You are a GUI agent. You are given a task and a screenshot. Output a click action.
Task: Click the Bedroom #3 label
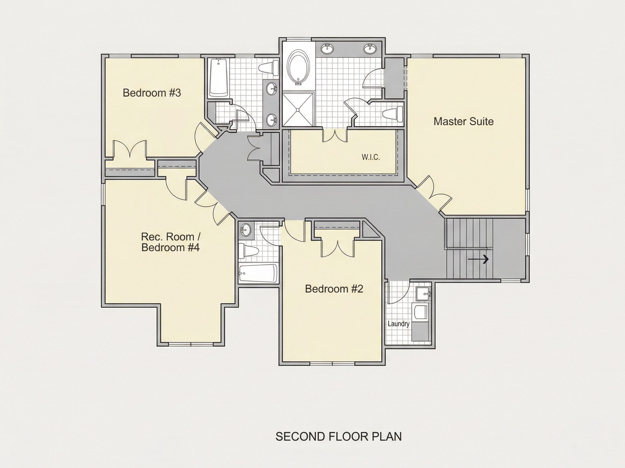tap(152, 93)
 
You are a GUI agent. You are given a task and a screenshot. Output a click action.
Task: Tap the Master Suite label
tap(464, 122)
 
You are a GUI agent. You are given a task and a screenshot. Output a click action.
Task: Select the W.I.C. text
tap(371, 157)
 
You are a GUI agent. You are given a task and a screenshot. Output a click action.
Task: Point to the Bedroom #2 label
tap(334, 289)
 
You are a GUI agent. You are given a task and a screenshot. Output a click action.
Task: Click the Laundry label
tap(398, 324)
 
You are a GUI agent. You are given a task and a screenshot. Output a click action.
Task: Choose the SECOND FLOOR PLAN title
tap(339, 436)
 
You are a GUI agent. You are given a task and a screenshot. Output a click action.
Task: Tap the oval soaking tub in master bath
tap(299, 67)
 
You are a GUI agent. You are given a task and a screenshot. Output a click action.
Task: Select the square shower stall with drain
tap(298, 109)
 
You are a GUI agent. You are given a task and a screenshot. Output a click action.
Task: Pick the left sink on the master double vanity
tap(327, 49)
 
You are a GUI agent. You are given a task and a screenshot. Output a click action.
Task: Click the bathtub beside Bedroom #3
tap(219, 77)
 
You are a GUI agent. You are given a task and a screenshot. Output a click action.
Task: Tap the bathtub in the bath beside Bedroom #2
tap(258, 273)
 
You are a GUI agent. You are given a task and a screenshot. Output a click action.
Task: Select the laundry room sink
tap(424, 294)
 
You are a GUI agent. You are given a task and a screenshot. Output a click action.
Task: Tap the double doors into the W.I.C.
tap(335, 135)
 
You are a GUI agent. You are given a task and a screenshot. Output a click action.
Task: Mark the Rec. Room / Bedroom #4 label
tap(170, 242)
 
